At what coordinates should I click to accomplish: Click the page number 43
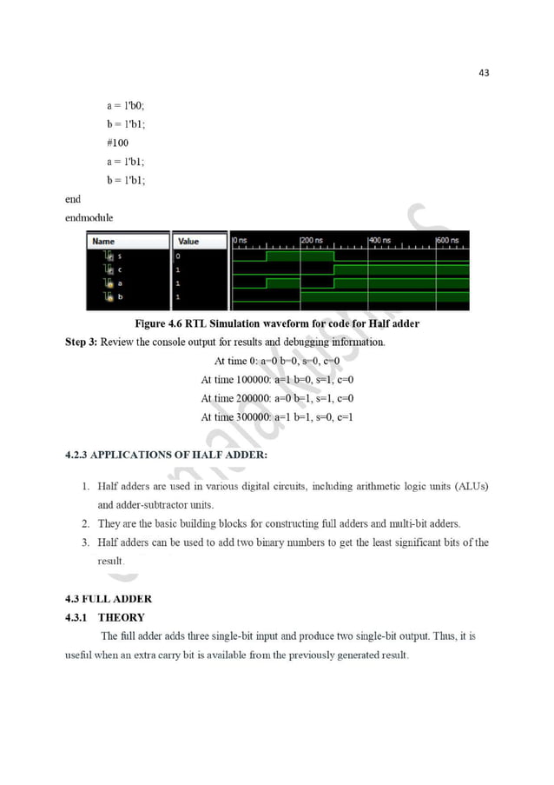(x=484, y=73)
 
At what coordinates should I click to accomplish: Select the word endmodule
(x=89, y=217)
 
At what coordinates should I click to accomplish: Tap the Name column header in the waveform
(x=103, y=241)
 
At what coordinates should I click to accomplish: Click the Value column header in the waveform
(x=188, y=241)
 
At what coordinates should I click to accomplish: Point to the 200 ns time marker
(x=312, y=239)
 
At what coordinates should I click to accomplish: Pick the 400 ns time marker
(x=379, y=239)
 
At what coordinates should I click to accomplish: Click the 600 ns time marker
(x=449, y=239)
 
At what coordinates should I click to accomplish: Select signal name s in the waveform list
(x=119, y=256)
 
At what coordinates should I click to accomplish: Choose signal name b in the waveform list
(x=119, y=297)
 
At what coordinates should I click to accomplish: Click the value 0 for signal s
(x=178, y=256)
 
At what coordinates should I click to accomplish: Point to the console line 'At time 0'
(x=282, y=361)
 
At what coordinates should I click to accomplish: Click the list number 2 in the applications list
(x=86, y=523)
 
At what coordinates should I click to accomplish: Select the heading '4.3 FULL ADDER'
(x=109, y=599)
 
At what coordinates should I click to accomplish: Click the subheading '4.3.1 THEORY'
(x=108, y=617)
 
